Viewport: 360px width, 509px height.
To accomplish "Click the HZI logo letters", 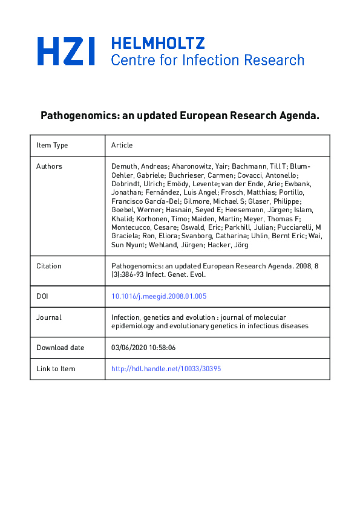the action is [67, 51].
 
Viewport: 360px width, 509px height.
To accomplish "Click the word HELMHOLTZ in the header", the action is [158, 43].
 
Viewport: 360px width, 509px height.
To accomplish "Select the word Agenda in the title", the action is [296, 115].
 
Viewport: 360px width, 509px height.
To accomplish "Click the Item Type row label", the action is [52, 145].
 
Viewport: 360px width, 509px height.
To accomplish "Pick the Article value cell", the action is [122, 145].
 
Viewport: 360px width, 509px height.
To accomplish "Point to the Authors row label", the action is [49, 166].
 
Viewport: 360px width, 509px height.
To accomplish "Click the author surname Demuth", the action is [124, 166].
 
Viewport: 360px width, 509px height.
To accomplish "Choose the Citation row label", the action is [48, 266].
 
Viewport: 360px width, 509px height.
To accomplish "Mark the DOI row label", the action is [42, 296].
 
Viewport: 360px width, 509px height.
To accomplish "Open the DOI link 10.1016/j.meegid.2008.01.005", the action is [159, 296].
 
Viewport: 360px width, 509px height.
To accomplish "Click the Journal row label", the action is [48, 317].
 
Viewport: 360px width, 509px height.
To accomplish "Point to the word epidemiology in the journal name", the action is [133, 326].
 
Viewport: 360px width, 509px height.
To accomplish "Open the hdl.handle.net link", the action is [166, 369].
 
